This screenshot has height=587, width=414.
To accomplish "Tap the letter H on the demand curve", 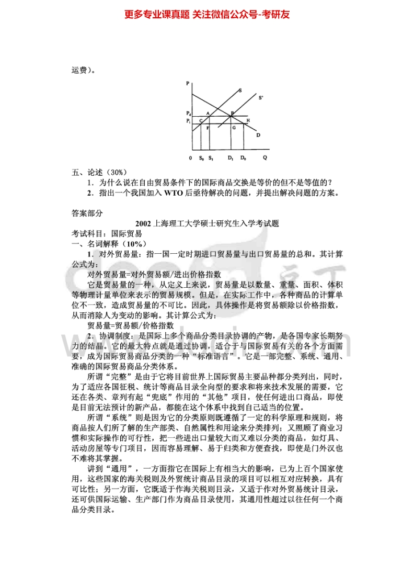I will (x=248, y=120).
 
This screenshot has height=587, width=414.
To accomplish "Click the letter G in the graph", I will (x=234, y=127).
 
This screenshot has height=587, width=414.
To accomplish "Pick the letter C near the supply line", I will (x=201, y=120).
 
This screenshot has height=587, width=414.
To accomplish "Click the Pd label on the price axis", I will (x=188, y=113).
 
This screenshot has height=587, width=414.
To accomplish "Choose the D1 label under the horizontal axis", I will (x=231, y=157).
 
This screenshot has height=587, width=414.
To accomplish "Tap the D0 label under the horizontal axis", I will (x=243, y=157).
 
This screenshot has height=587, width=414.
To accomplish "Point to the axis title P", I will (x=187, y=83).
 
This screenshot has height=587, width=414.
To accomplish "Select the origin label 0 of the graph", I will (x=190, y=157).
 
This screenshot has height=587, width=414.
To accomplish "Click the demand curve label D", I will (x=258, y=135).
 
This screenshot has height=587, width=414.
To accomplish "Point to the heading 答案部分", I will (x=87, y=213).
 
